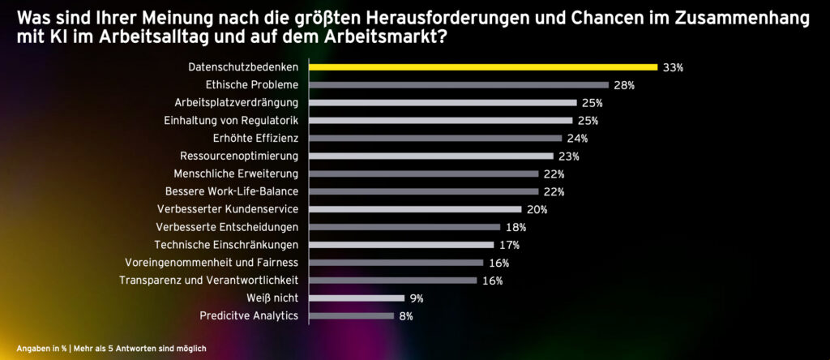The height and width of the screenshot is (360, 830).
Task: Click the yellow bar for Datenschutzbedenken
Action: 483,67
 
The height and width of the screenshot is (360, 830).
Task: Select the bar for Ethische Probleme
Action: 459,85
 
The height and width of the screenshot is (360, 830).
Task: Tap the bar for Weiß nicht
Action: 357,298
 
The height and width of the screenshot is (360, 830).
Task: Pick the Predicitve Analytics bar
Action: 352,315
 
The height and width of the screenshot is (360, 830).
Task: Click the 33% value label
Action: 673,68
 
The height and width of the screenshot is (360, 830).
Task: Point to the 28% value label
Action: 624,85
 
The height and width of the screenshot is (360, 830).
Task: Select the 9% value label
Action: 416,298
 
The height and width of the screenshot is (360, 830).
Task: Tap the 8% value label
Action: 406,316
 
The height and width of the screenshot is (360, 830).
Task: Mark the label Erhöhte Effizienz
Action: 255,139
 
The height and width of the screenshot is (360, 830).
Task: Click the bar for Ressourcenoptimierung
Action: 431,156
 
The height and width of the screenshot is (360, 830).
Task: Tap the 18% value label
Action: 516,227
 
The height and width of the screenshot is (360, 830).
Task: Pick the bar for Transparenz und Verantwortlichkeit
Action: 393,280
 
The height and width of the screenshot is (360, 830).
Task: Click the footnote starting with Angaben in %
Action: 111,348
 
